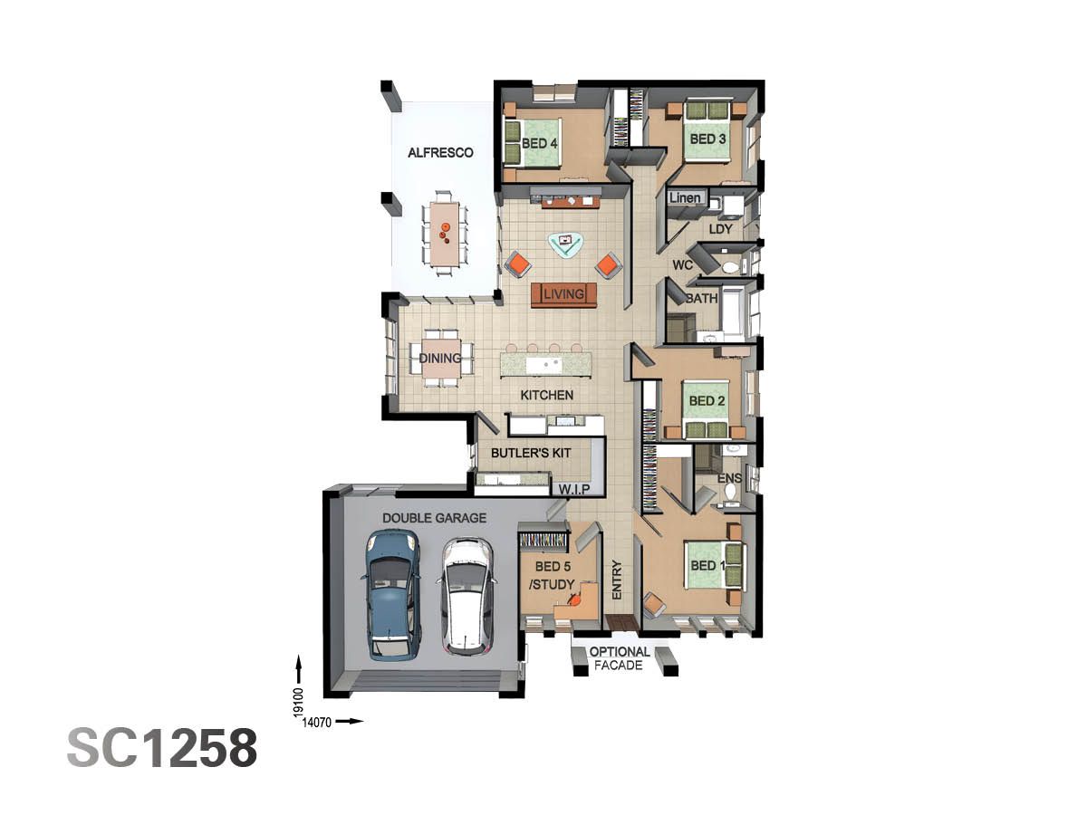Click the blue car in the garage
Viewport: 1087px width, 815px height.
(x=391, y=595)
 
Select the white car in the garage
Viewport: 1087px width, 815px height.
(x=467, y=595)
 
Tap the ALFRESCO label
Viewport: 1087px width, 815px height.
(x=440, y=153)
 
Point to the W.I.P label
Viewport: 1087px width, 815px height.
(x=575, y=489)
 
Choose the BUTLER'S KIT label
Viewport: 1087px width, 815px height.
(x=531, y=452)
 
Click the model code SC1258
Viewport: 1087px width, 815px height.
(x=162, y=748)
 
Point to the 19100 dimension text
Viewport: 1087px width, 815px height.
(x=298, y=703)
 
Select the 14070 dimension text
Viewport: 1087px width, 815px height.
(x=318, y=722)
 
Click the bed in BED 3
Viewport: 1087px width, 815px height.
(x=707, y=131)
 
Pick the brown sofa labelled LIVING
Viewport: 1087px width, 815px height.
(x=563, y=294)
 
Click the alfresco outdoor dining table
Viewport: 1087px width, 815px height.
(x=444, y=234)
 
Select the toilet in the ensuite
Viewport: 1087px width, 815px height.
(x=729, y=494)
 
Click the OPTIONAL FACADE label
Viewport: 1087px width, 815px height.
(x=620, y=658)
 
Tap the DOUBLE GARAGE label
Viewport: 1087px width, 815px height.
(x=434, y=518)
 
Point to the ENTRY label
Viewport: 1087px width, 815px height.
(x=617, y=580)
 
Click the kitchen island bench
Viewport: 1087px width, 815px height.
(x=546, y=365)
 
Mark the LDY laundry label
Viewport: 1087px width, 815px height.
(x=720, y=229)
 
